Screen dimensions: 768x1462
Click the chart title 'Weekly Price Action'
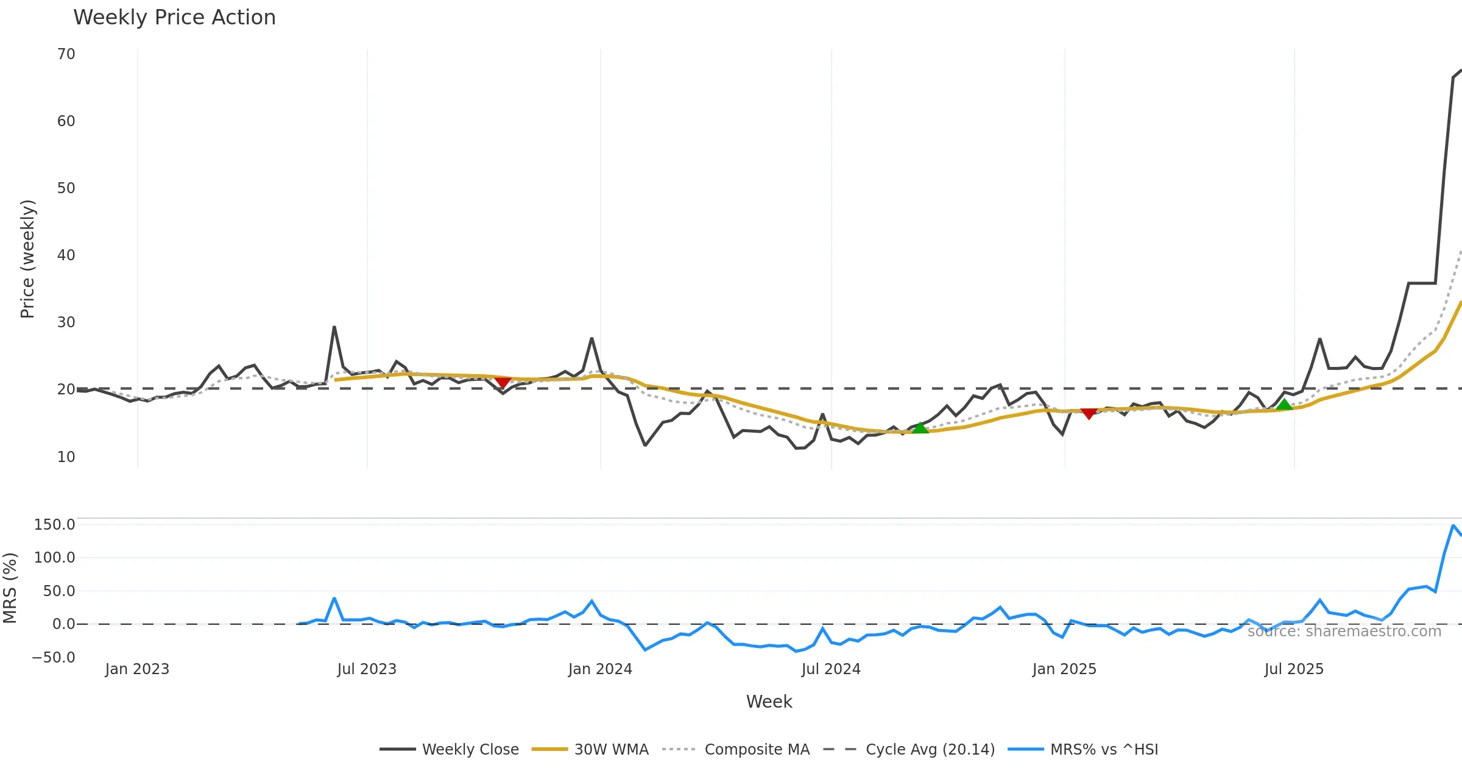174,18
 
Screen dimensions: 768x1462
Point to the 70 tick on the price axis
66,54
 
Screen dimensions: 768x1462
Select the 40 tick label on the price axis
66,255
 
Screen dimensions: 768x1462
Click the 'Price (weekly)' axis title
28,259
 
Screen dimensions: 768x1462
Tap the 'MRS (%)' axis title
10,588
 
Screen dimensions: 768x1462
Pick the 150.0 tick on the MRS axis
55,525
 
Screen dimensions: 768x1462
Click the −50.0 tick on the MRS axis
54,658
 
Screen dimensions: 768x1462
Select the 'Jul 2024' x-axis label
831,669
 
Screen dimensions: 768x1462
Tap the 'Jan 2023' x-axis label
137,669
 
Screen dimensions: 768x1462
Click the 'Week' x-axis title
769,702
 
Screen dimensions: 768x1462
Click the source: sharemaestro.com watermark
1344,631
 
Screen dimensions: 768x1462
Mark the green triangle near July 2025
1284,405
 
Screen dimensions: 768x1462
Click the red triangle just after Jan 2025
1089,414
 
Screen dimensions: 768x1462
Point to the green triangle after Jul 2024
920,428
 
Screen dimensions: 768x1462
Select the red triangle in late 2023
503,382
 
